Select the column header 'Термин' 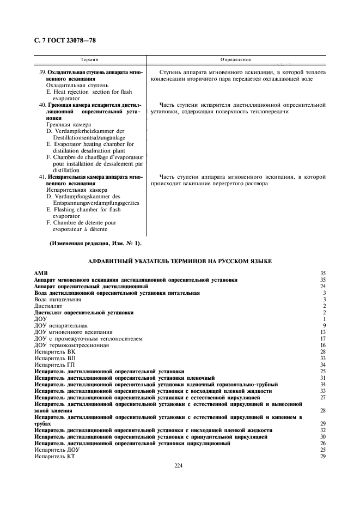click(89, 59)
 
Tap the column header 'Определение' click(235, 59)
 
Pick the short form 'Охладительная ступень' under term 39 click(77, 86)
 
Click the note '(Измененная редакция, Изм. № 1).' click(95, 243)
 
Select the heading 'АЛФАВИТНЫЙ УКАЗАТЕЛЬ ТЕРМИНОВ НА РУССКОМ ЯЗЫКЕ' click(180, 262)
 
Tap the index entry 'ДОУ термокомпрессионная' click(71, 345)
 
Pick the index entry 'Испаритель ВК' click(54, 352)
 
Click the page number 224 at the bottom click(178, 465)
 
